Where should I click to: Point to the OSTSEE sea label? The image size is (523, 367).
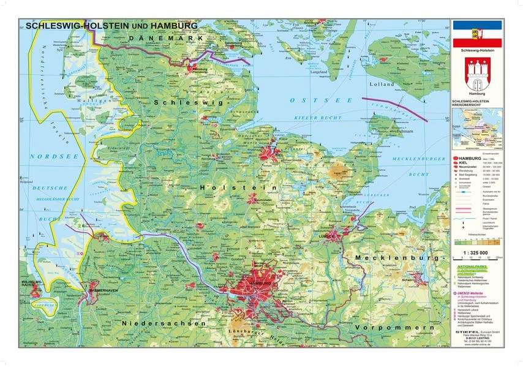(x=313, y=99)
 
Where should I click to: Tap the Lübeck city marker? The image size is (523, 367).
(x=326, y=235)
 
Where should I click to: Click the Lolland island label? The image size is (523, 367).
(x=382, y=84)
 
